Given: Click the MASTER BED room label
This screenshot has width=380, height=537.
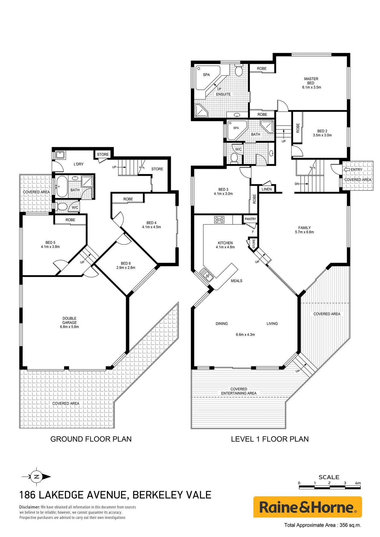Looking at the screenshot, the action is (311, 81).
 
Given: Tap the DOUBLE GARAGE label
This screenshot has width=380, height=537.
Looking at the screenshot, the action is (69, 320).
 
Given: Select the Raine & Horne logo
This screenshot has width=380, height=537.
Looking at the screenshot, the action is (307, 507).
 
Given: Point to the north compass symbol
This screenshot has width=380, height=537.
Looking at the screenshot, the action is (36, 477).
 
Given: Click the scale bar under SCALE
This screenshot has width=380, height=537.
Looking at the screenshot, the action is (330, 487).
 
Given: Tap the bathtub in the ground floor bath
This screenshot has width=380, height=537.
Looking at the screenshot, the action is (62, 187).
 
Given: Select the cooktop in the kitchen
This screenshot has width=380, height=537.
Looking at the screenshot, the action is (219, 220).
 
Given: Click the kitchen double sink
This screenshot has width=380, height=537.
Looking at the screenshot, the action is (206, 275).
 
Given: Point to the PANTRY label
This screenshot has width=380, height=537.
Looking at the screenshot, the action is (250, 219).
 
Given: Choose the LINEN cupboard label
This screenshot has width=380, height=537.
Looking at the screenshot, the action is (267, 189).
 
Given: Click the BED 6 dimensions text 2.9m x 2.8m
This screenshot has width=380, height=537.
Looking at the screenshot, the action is (126, 268).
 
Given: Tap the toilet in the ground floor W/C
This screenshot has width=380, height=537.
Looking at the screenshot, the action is (62, 207).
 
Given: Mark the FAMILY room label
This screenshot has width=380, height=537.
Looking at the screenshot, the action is (304, 228).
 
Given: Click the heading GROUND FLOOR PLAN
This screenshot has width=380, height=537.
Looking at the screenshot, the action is (91, 439).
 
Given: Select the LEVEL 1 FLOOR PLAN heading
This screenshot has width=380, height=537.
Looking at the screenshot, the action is (270, 439).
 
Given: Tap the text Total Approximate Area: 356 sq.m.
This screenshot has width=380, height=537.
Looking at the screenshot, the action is (323, 525).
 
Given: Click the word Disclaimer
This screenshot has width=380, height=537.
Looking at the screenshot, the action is (30, 507).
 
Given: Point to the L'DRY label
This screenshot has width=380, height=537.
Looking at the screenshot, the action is (78, 164).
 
